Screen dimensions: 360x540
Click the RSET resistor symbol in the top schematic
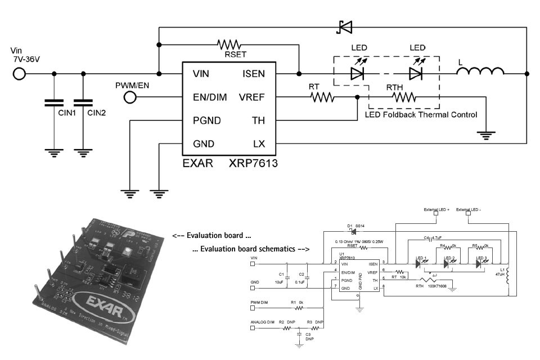pos(229,44)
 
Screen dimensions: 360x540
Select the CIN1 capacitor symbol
pos(55,103)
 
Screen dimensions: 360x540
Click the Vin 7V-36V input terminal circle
pos(19,74)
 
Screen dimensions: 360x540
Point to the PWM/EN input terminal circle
pos(130,97)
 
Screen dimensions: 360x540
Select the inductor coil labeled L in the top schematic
pos(480,72)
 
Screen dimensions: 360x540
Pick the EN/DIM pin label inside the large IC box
pos(209,97)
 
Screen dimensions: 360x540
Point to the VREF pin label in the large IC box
pos(251,97)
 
